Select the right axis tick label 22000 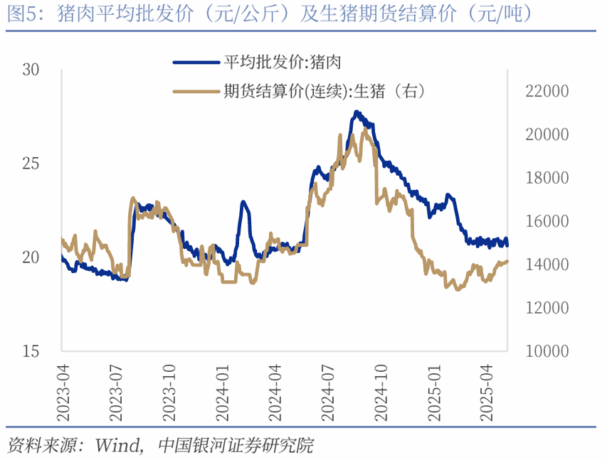click(548, 92)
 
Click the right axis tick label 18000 click(548, 178)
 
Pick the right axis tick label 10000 click(548, 351)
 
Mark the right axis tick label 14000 click(548, 264)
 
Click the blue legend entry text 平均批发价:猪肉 click(283, 62)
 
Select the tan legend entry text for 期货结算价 click(324, 91)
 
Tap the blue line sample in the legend click(196, 62)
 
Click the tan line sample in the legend click(196, 91)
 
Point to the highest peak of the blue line click(357, 112)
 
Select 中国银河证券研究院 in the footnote click(235, 446)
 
